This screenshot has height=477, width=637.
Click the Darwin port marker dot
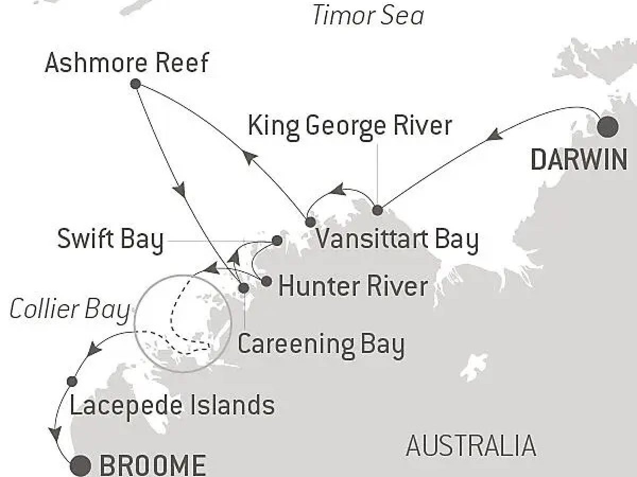pos(608,127)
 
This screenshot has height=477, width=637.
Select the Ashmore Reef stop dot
pos(135,84)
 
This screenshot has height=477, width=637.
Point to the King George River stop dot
pos(377,210)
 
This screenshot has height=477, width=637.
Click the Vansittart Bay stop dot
pos(310,222)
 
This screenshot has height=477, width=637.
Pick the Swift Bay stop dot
pos(277,241)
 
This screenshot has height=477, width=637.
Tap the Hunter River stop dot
pos(266,281)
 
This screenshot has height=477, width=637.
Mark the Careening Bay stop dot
pos(244,288)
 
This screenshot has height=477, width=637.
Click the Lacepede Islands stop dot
pos(72,381)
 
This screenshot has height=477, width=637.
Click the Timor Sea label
pos(367,16)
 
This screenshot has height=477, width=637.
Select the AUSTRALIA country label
pos(471,446)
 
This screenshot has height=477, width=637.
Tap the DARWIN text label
pos(579,160)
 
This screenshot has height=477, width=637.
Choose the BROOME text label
pos(152,465)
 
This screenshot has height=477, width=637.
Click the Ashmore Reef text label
pos(126,64)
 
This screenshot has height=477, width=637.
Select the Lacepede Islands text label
pos(172,405)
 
